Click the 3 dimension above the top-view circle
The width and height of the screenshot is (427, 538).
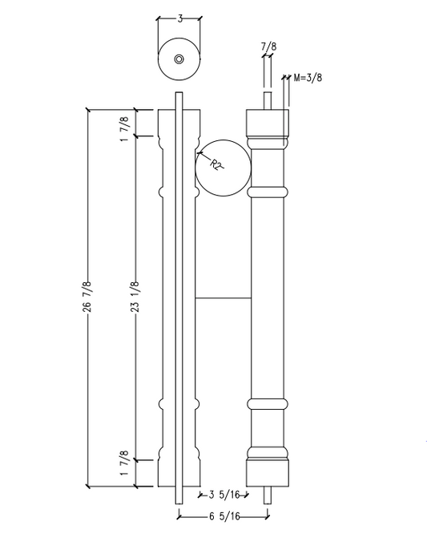tap(179, 17)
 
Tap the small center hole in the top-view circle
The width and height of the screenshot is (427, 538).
tap(179, 59)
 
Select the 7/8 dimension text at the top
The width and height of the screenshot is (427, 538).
tap(267, 49)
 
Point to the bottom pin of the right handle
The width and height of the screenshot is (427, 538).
tap(268, 495)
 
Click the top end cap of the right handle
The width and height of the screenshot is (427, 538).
tap(267, 123)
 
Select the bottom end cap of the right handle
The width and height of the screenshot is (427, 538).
tap(267, 472)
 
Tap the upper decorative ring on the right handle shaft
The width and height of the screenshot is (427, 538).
tap(267, 192)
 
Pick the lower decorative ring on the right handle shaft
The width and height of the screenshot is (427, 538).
tap(267, 403)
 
